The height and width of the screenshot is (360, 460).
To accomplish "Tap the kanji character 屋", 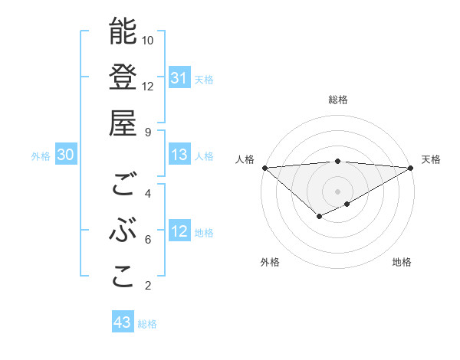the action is tap(123, 123).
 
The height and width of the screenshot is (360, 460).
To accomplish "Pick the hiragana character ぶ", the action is tap(123, 232).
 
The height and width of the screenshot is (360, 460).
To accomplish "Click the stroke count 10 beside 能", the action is tap(148, 40).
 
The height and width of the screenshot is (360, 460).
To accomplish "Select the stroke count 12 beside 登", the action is tap(148, 86).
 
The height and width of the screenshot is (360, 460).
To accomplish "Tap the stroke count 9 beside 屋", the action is tap(148, 132).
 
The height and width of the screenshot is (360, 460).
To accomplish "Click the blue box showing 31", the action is tap(179, 78).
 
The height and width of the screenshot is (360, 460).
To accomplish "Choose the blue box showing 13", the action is tap(179, 155).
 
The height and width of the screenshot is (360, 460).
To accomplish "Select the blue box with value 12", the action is tap(179, 231).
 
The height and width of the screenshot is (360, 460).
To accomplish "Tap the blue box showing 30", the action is tap(66, 155).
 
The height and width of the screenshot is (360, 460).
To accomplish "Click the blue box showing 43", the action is tap(123, 322).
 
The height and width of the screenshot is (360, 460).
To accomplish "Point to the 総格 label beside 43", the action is tap(147, 324).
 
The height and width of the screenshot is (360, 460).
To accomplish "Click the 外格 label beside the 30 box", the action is tap(41, 156).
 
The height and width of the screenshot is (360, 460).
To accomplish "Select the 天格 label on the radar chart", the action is tap(431, 159).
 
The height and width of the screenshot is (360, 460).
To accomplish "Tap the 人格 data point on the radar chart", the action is tap(264, 167).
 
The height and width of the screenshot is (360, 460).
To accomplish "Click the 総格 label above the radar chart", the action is tap(337, 100).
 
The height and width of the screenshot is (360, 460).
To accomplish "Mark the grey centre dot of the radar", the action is tap(337, 190).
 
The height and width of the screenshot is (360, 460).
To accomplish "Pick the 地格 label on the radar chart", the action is tap(402, 262).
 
